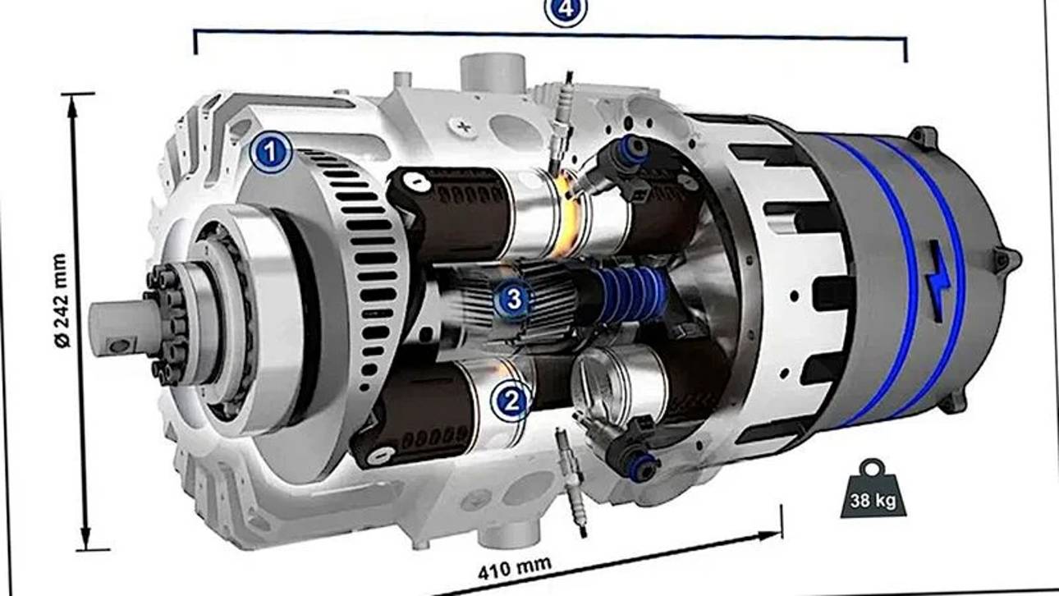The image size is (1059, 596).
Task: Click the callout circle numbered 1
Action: click(270, 152)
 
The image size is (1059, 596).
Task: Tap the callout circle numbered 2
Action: click(511, 401)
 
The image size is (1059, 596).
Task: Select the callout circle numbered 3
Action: click(513, 299)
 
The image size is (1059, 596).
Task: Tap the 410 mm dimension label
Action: click(515, 569)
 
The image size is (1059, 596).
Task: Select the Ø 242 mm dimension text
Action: click(62, 300)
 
